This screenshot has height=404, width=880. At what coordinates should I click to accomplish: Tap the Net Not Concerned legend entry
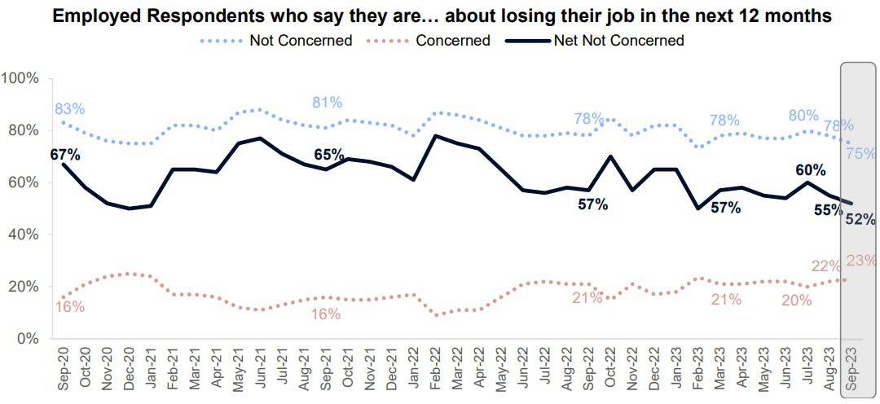click(618, 40)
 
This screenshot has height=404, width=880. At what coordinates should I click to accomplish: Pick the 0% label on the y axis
click(29, 339)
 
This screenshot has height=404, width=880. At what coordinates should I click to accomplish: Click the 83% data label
click(70, 109)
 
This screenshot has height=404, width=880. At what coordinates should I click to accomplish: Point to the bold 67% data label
click(64, 155)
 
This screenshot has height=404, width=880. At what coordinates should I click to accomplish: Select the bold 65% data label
click(330, 154)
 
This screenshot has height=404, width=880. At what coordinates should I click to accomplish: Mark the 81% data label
click(327, 103)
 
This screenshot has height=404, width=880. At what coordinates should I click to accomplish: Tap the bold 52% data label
click(860, 218)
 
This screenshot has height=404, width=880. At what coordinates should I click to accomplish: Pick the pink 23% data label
click(861, 261)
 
